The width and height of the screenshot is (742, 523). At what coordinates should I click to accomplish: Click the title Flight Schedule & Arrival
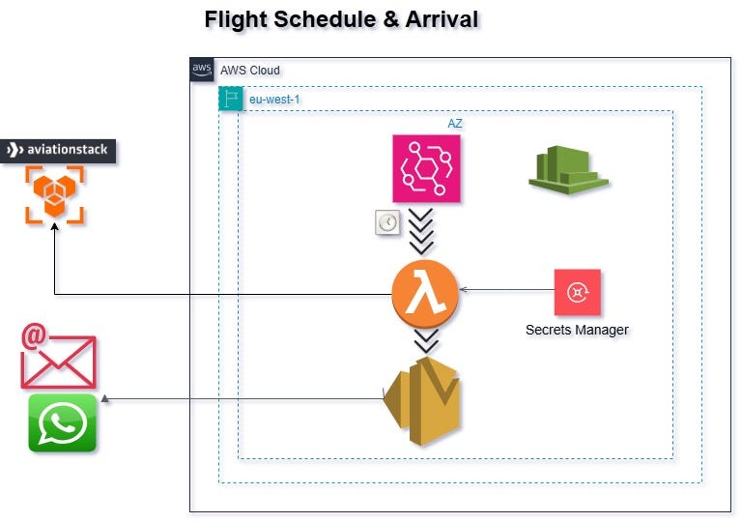click(341, 19)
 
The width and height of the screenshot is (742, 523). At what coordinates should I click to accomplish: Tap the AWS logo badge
click(202, 70)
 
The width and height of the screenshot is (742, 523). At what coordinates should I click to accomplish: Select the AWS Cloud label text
click(249, 71)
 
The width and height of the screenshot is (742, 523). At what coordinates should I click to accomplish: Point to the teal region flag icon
click(231, 99)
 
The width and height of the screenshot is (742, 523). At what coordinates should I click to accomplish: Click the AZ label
click(454, 124)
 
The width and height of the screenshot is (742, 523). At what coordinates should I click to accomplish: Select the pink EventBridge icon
click(426, 168)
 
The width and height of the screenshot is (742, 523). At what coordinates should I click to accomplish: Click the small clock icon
click(387, 222)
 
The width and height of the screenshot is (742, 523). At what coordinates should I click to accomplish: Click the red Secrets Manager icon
click(577, 292)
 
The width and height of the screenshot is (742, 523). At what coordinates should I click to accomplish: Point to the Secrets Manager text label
click(577, 330)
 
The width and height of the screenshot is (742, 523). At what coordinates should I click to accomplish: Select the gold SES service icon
click(422, 400)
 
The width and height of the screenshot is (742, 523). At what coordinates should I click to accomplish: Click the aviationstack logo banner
click(59, 150)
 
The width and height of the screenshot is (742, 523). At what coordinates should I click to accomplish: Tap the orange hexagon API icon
click(54, 195)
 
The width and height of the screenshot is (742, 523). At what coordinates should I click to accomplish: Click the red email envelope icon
click(58, 357)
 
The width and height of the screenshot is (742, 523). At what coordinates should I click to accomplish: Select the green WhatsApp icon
click(63, 423)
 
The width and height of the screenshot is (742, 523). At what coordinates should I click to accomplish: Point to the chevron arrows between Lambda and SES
click(425, 340)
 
